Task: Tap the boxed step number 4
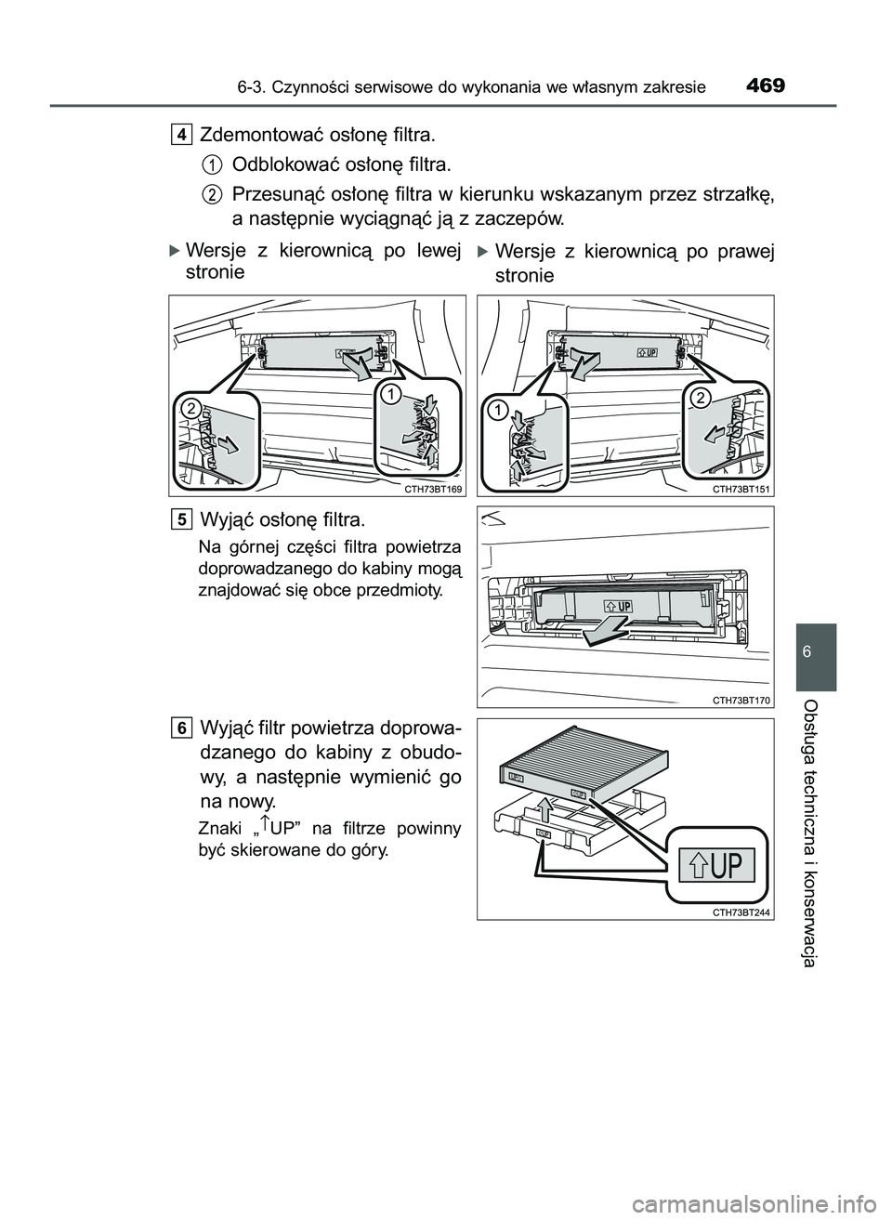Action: point(182,136)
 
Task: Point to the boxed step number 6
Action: point(182,727)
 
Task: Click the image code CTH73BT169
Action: point(433,488)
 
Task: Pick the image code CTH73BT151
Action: point(741,488)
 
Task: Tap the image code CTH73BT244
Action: point(741,912)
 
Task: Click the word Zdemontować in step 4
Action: point(258,137)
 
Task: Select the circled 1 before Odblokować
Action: point(212,165)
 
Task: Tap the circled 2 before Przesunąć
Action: point(212,194)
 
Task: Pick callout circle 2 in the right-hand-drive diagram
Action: point(700,397)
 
